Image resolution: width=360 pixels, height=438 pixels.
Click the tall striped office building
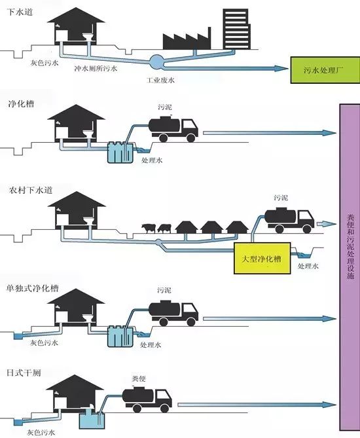point(236,29)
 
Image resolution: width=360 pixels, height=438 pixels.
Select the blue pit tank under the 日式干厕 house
point(92,421)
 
